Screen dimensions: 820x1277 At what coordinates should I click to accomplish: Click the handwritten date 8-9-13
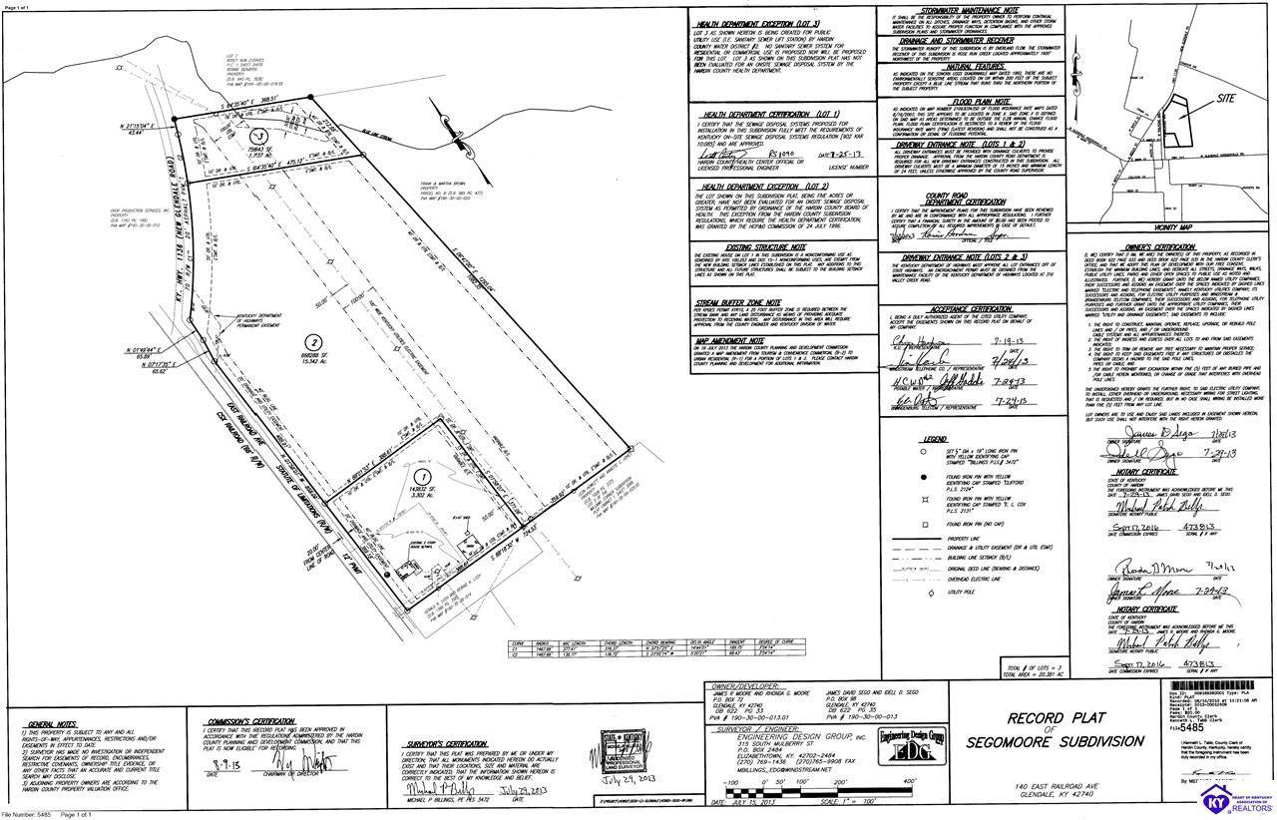[x=223, y=767]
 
